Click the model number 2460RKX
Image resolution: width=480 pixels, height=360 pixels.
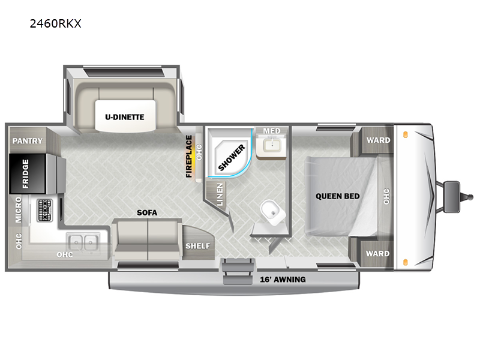coord(55,23)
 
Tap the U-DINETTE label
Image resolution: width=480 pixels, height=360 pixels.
coord(125,117)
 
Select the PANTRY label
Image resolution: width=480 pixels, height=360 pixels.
coord(28,141)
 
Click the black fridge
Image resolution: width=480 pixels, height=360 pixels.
coord(28,174)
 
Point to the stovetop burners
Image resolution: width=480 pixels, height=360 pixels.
coord(44,211)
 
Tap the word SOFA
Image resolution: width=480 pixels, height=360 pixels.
coord(147,212)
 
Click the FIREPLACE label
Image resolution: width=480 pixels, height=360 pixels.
coord(189,157)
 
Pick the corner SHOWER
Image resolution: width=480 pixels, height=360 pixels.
coord(230,153)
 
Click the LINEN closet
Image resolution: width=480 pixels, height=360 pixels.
coord(218,195)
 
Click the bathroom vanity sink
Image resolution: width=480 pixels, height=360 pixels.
coord(272,145)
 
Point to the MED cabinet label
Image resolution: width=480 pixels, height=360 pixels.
coord(272,131)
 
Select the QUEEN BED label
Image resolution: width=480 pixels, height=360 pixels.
coord(338,196)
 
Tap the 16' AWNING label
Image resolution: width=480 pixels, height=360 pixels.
coord(283,280)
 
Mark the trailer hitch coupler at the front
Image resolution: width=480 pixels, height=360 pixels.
coord(470,197)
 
